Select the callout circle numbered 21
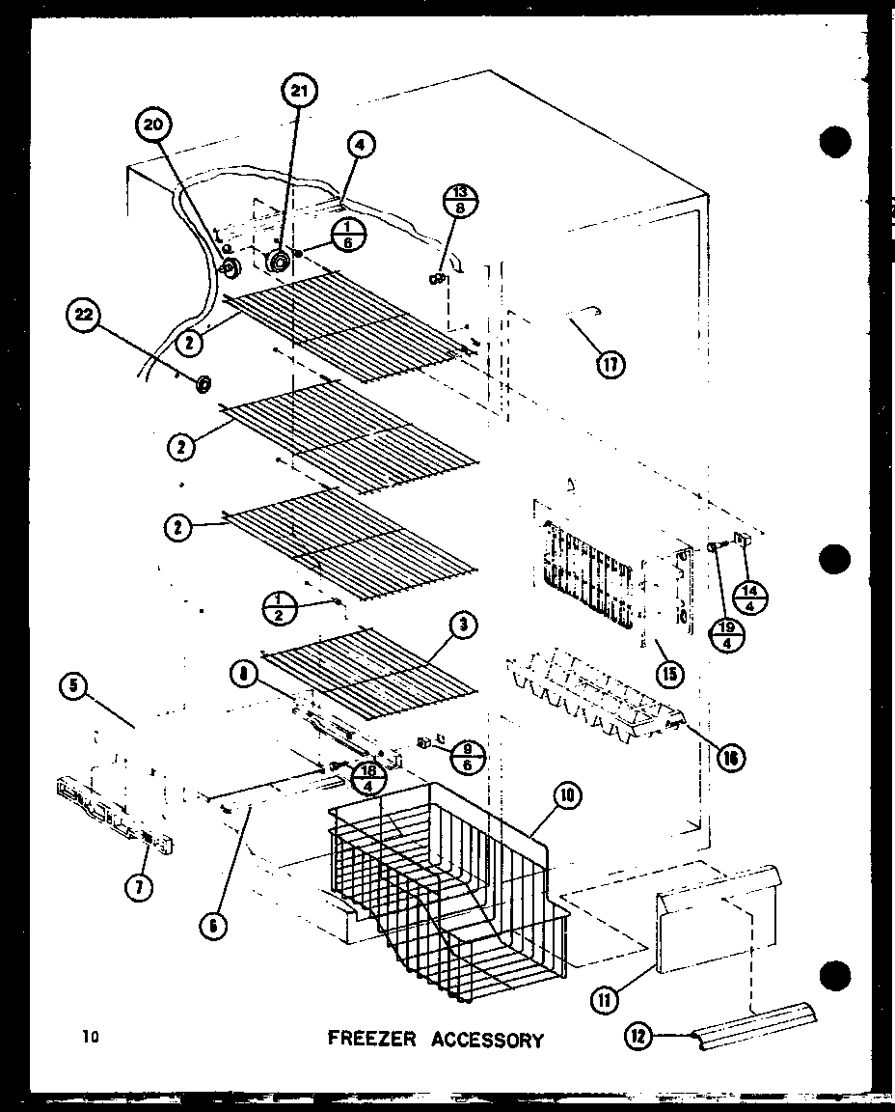pyautogui.click(x=300, y=94)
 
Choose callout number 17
pyautogui.click(x=610, y=365)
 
